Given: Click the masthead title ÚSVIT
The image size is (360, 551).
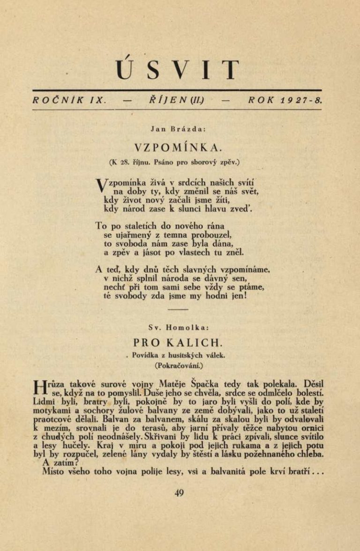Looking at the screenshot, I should (x=180, y=70).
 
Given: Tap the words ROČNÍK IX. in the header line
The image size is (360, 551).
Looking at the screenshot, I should (x=71, y=100).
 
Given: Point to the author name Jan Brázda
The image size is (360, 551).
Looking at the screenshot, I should (x=180, y=128).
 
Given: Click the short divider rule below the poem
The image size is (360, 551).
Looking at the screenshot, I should (x=178, y=310).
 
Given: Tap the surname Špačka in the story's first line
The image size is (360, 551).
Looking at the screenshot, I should (x=207, y=382).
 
